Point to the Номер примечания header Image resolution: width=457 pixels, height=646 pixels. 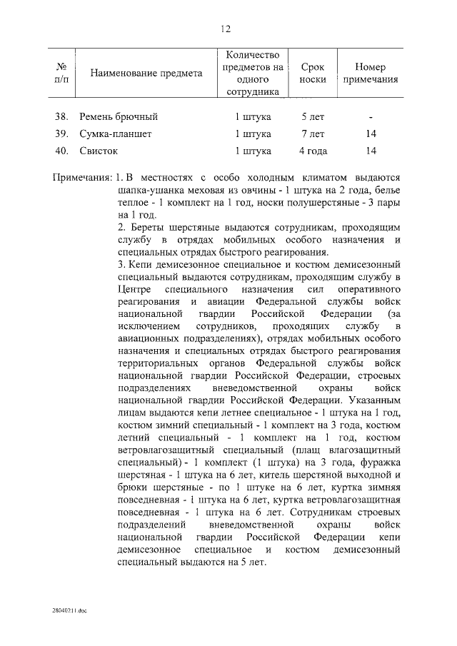coord(370,74)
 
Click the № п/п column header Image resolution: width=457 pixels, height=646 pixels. coord(61,74)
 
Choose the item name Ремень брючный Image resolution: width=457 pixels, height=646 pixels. coord(119,116)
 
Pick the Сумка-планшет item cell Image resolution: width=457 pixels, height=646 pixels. coord(116,133)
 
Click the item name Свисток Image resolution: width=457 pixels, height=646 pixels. coord(99,151)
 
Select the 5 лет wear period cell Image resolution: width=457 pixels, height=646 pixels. coord(313,116)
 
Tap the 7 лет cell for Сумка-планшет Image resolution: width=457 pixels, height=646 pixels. coord(313,133)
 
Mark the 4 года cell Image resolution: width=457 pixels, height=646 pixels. coord(313,151)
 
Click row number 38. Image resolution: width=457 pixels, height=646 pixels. coord(61,116)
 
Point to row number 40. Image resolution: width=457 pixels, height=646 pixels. coord(61,151)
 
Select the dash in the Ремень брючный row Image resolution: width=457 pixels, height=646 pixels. coord(370,116)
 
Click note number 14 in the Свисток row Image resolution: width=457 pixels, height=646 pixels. coord(370,151)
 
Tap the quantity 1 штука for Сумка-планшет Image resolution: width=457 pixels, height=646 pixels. coord(253,133)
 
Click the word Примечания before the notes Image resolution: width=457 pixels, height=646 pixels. coord(82,177)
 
